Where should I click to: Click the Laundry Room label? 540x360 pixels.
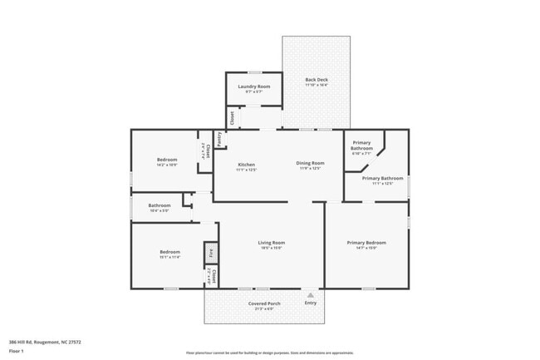click(x=253, y=86)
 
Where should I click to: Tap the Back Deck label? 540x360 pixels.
click(x=317, y=80)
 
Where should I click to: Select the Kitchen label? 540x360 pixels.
click(x=246, y=165)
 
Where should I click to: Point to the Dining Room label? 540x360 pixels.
click(x=310, y=163)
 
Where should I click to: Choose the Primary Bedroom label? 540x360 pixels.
click(x=366, y=243)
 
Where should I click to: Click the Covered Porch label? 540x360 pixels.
click(x=264, y=303)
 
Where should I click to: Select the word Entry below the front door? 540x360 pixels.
click(x=311, y=303)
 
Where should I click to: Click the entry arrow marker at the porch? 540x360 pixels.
click(x=311, y=293)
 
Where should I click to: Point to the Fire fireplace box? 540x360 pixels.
click(x=211, y=252)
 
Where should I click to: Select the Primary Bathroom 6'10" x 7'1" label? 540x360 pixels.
click(x=361, y=146)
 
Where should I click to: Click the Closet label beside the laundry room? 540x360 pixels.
click(x=232, y=118)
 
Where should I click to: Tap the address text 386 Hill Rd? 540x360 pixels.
click(x=45, y=342)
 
